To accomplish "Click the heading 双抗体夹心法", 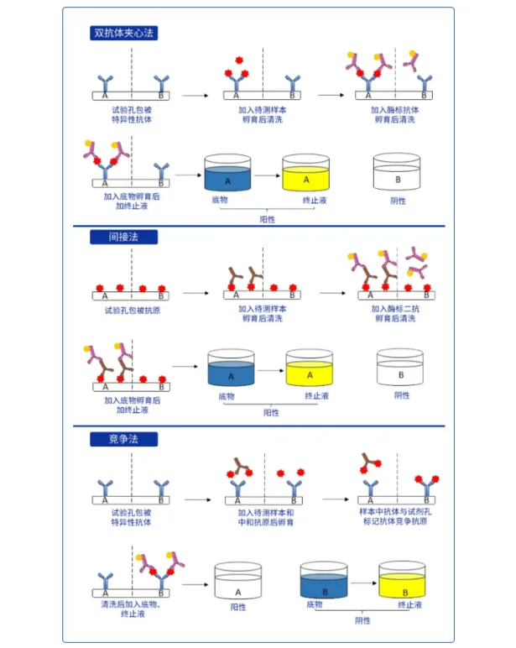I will tap(124, 33).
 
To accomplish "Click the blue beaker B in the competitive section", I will tap(324, 580).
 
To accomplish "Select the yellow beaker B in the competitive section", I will tap(402, 580).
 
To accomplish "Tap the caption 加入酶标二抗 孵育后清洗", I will tap(395, 313).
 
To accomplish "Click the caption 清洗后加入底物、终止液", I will tap(131, 609).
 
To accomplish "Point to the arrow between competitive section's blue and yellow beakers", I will tap(363, 580).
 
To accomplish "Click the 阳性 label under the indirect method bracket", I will tap(272, 413).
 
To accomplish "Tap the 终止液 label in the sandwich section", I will tap(314, 201).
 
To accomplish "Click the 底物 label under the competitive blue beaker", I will tap(315, 604).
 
